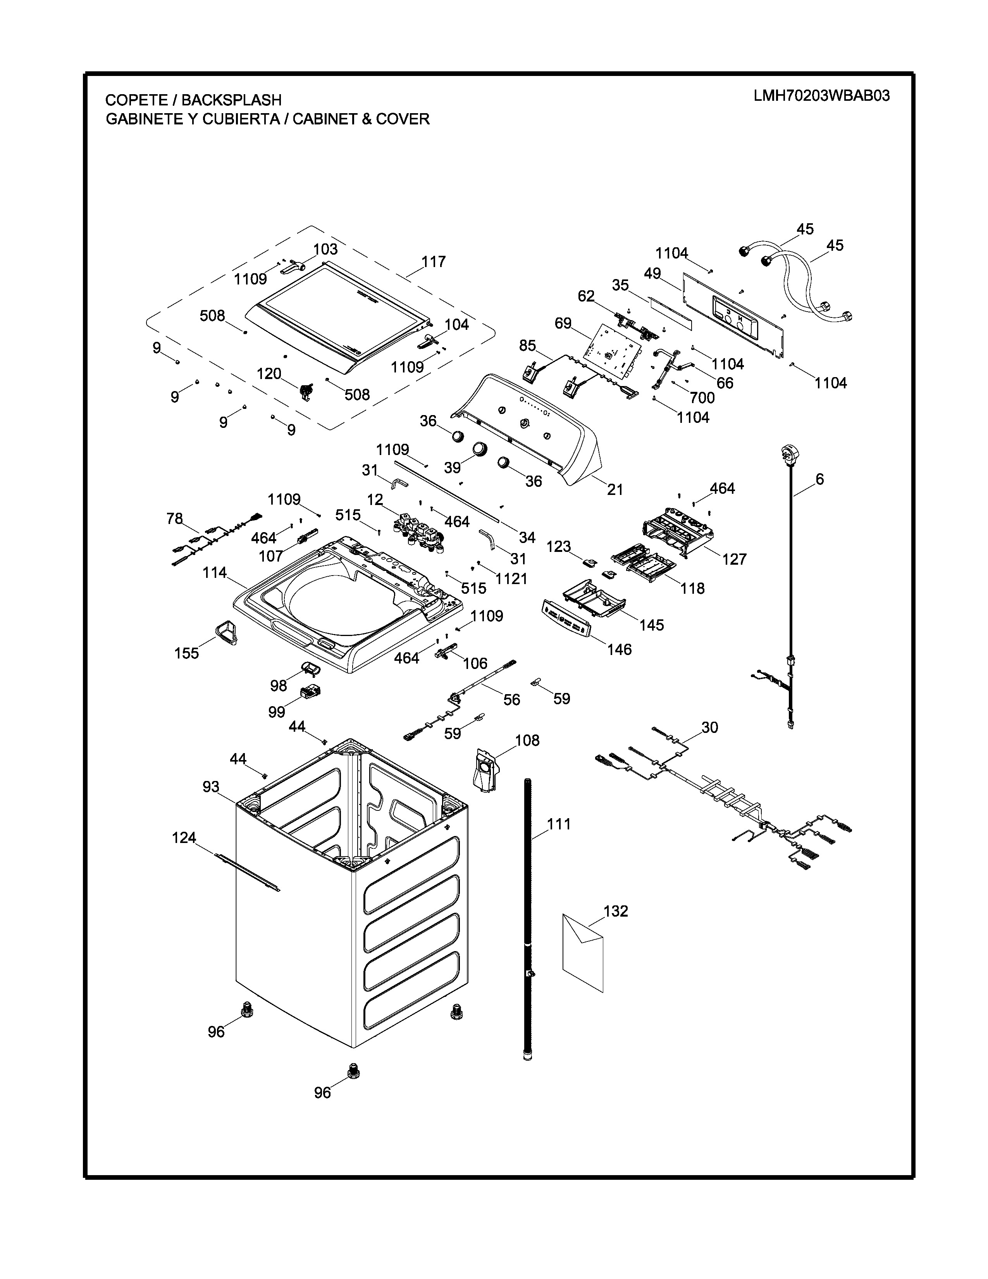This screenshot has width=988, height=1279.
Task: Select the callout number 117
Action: coord(433,262)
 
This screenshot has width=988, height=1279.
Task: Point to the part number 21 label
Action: coord(614,489)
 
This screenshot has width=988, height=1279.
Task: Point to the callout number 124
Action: coord(184,838)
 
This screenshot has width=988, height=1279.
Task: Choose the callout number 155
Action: coord(187,653)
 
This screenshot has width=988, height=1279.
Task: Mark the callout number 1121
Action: coord(511,579)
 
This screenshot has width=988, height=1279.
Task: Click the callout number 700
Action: coord(702,398)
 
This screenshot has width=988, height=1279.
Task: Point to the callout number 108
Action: coord(527,740)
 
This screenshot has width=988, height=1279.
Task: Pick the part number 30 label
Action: coord(709,727)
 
